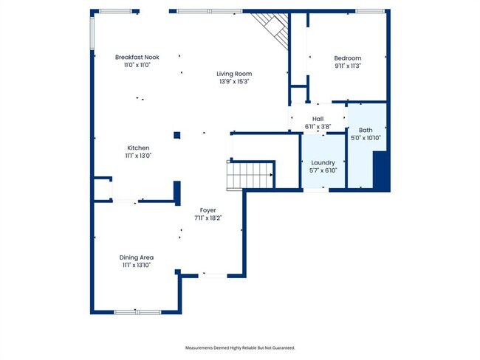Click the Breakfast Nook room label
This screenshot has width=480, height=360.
point(137,57)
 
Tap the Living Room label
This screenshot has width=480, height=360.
point(234,73)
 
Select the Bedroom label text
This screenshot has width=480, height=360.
point(347,58)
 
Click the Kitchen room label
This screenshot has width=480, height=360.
point(138,148)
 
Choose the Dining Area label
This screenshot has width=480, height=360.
point(137,257)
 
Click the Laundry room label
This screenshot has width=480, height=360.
point(323,162)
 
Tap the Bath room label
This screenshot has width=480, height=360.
point(366,130)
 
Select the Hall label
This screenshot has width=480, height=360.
point(318,119)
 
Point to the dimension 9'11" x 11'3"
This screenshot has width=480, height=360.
point(347,66)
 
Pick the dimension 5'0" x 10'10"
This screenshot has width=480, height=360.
point(366,138)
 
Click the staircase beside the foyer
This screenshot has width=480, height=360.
point(250,176)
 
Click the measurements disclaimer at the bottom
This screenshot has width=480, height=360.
point(239,347)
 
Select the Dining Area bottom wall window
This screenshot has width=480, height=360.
point(137,311)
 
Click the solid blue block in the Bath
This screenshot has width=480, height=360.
point(381,171)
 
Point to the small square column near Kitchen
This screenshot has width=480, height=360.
point(176,135)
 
